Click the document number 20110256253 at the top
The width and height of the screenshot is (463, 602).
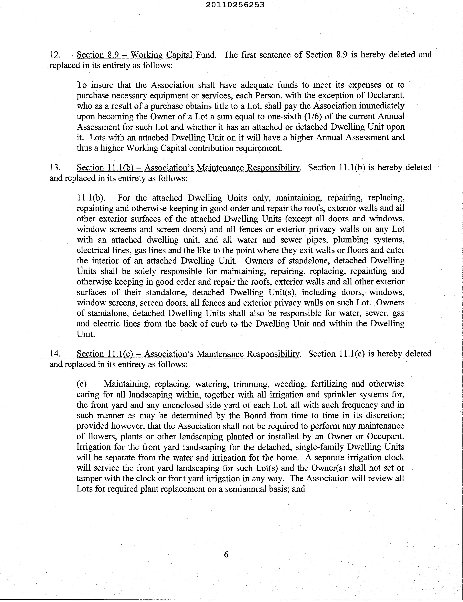pyautogui.click(x=235, y=5)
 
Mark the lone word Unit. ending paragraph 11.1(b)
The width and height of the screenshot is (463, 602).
pyautogui.click(x=86, y=334)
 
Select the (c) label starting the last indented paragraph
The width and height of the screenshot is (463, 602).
pyautogui.click(x=82, y=384)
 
